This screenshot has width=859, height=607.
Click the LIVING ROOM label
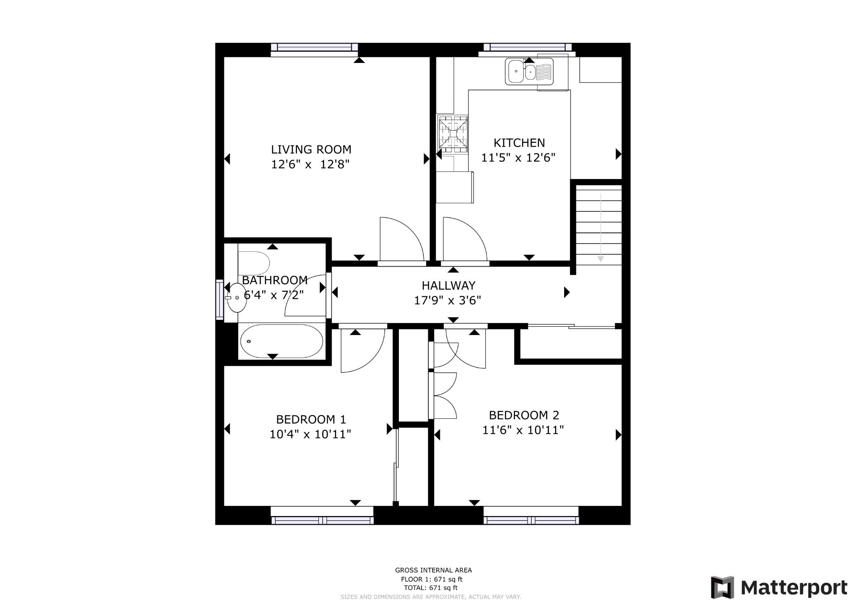click(311, 149)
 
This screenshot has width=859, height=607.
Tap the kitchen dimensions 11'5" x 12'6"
click(518, 158)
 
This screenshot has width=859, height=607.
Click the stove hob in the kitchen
click(453, 134)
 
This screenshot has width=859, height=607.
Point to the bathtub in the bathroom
click(281, 341)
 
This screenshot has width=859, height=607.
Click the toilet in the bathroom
click(254, 263)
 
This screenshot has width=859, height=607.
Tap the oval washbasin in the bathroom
click(237, 298)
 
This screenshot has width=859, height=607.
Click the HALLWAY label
click(448, 285)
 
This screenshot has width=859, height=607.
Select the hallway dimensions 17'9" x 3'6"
click(447, 301)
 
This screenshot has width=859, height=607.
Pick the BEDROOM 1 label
click(311, 419)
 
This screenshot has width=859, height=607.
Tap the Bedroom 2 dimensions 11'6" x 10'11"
click(523, 431)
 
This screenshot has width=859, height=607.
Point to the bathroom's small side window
click(219, 299)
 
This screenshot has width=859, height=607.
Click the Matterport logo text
click(794, 588)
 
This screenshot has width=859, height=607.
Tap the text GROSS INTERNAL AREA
click(433, 570)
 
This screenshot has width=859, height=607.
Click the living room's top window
click(314, 47)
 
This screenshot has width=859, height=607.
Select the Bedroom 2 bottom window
click(531, 520)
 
